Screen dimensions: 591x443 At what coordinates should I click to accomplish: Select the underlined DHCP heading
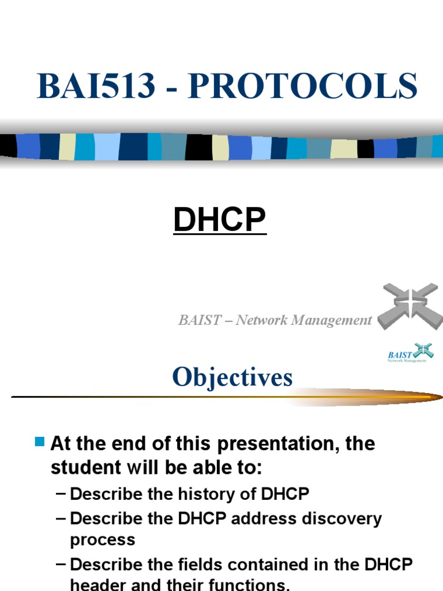tap(220, 220)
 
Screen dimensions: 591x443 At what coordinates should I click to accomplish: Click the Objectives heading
tap(232, 377)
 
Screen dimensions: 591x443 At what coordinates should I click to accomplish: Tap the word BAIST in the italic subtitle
tap(198, 320)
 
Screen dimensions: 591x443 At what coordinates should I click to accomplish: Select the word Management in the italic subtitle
tap(337, 320)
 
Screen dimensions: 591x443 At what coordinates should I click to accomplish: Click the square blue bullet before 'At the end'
tap(40, 443)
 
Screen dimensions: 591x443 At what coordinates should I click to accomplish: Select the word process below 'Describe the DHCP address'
tap(103, 540)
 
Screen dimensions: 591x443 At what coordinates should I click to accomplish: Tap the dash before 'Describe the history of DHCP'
tap(61, 494)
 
